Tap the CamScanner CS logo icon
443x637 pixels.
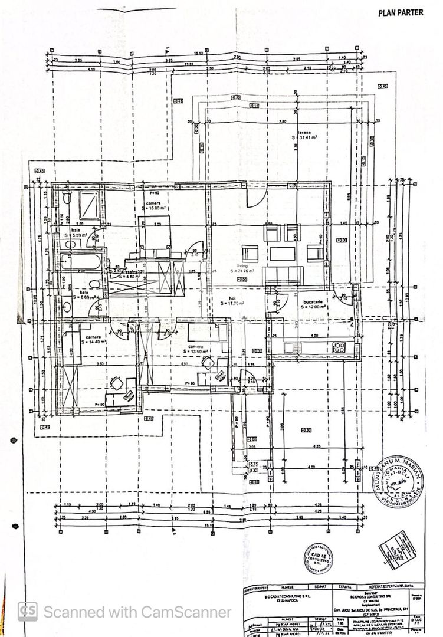click(28, 612)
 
